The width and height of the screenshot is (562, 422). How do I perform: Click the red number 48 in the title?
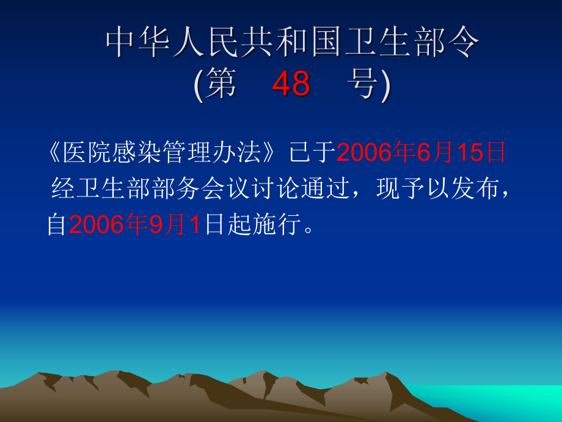tap(291, 84)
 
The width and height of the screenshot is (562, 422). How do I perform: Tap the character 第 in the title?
tap(221, 84)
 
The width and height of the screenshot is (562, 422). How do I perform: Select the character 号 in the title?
tap(365, 84)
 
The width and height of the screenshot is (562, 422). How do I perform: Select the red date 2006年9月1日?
tap(134, 225)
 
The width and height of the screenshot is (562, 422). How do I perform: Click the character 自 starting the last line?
tap(57, 225)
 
